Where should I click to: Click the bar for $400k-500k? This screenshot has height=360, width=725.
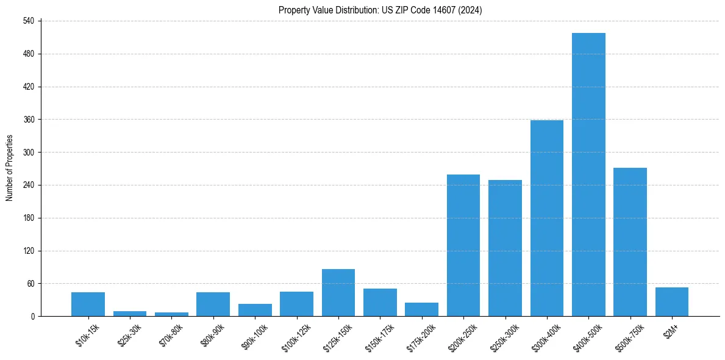click(x=588, y=175)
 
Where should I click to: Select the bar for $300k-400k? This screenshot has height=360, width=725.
click(x=547, y=218)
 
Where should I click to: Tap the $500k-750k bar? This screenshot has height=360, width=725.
click(x=630, y=242)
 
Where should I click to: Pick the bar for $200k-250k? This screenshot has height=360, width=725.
click(x=463, y=245)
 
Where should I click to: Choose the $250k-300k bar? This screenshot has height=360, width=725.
click(x=505, y=248)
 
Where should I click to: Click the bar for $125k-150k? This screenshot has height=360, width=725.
click(x=338, y=293)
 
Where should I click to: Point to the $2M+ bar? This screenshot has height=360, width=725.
click(x=672, y=302)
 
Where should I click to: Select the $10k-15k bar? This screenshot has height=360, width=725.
click(x=88, y=304)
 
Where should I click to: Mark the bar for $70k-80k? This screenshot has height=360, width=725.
click(x=171, y=314)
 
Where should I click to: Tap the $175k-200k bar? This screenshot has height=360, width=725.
click(x=421, y=309)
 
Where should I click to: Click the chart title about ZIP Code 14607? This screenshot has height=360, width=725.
click(x=380, y=10)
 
